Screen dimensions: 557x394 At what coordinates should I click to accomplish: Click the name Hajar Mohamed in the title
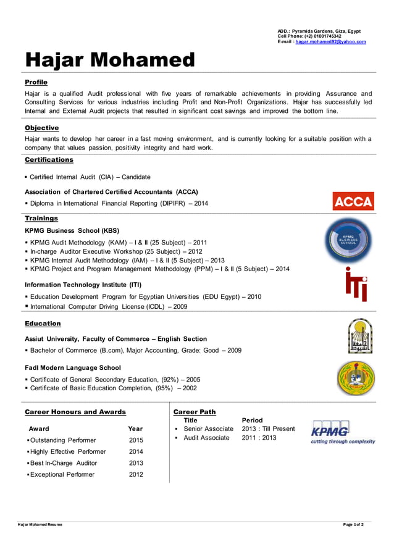coord(109,60)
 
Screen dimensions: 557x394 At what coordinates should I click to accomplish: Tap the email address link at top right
coord(330,42)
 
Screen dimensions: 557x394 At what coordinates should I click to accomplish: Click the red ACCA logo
coord(353,201)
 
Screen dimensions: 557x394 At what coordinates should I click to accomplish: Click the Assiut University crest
coord(359,336)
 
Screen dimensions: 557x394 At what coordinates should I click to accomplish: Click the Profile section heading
coord(36,82)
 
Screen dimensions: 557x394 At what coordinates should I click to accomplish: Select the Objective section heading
coord(41,128)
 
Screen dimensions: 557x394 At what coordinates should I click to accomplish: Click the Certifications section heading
coord(49,160)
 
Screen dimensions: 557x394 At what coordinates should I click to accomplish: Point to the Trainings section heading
coord(41,218)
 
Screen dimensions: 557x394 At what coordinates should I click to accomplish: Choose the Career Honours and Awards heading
coord(75,412)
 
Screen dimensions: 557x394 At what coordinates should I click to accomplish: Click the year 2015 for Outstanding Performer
coord(136,440)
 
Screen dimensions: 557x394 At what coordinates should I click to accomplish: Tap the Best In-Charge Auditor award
coord(64,463)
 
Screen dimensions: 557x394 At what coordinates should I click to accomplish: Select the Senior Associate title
coord(208,429)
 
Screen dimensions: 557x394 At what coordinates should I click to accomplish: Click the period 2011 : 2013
coord(259,438)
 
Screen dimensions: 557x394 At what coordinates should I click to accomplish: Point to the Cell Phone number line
coord(309,36)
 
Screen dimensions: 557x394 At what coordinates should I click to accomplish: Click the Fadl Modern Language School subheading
coord(72,367)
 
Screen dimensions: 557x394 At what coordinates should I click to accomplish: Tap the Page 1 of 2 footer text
coord(353,525)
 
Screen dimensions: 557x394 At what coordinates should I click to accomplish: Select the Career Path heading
coord(195,412)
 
